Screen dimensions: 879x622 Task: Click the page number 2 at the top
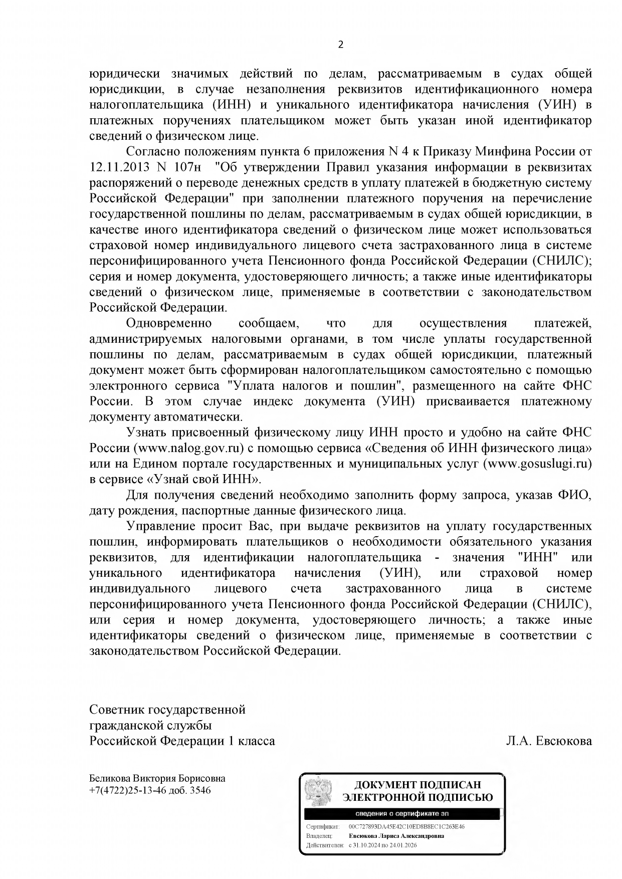tap(341, 45)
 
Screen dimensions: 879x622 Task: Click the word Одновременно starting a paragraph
tap(169, 323)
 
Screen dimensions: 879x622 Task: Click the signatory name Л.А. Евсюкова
tap(549, 741)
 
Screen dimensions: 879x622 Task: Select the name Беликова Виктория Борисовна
tap(157, 778)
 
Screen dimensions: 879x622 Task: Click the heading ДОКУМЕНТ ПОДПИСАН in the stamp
tap(417, 785)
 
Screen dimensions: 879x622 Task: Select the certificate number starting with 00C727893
tap(406, 826)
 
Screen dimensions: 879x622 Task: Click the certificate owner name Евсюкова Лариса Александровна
tap(396, 836)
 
